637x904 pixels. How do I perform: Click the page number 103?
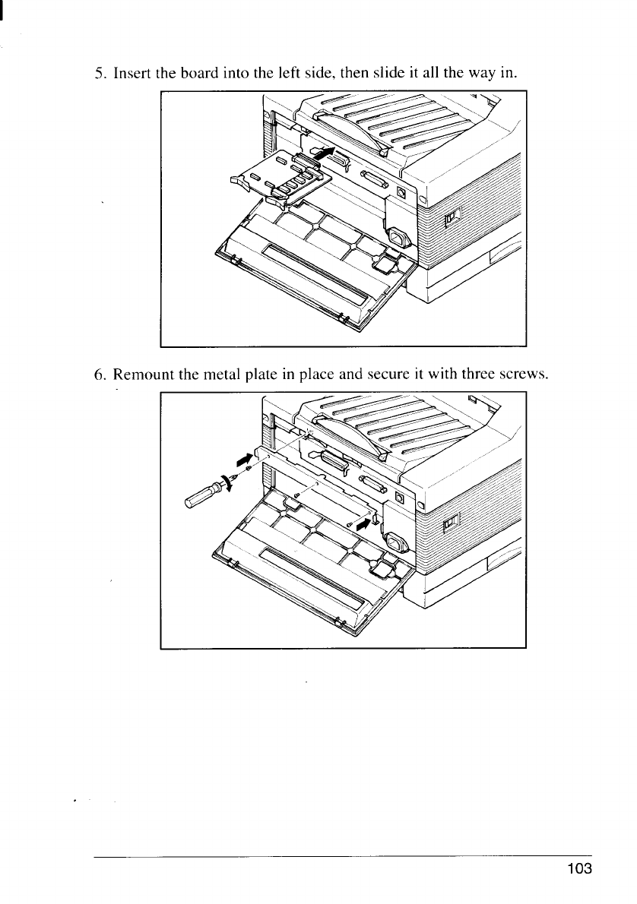pyautogui.click(x=577, y=869)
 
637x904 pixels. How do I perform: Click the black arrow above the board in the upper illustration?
pyautogui.click(x=324, y=155)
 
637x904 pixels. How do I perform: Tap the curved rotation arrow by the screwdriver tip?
pyautogui.click(x=225, y=483)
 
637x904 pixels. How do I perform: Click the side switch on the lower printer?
pyautogui.click(x=452, y=521)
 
